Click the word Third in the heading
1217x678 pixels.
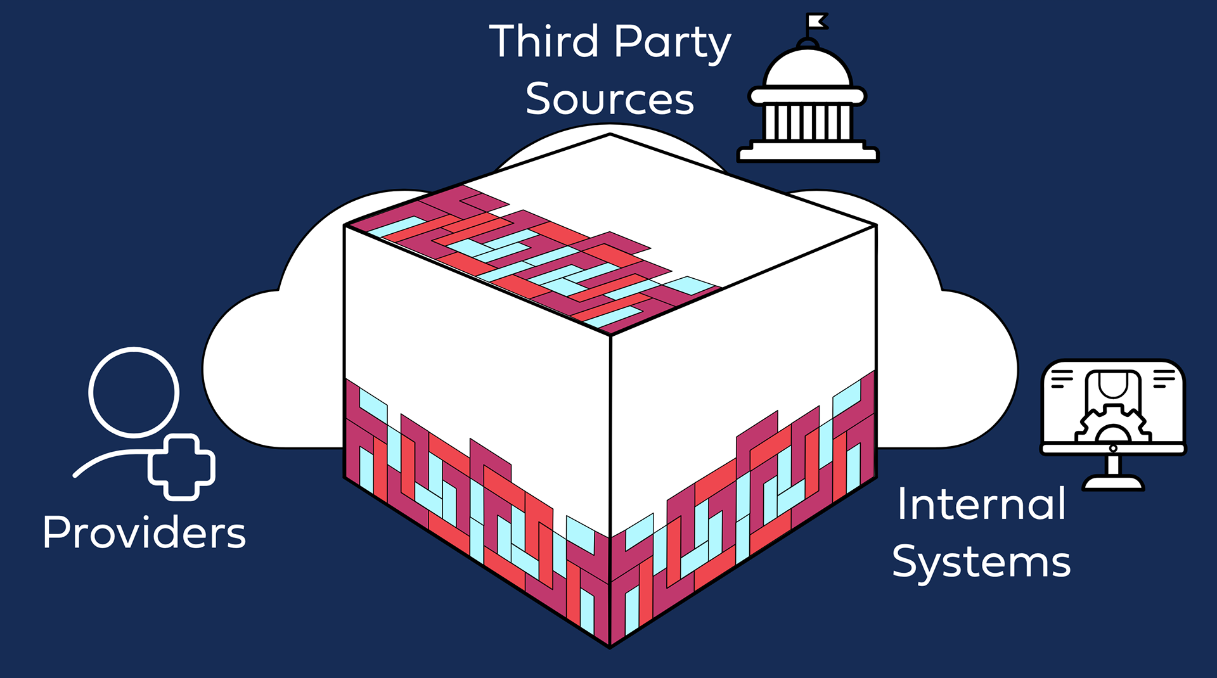click(544, 42)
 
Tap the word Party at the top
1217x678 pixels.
click(673, 43)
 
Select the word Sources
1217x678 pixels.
click(610, 99)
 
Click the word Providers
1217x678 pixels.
click(145, 532)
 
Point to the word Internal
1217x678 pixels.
click(981, 504)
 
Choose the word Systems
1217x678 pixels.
click(981, 563)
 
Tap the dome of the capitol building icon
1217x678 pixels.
click(808, 68)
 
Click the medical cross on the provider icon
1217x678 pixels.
click(182, 468)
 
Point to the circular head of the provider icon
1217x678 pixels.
click(134, 392)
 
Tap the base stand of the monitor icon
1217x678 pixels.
click(1113, 483)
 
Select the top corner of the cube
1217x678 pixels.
click(610, 134)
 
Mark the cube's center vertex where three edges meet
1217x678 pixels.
click(610, 335)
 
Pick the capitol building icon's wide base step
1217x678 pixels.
click(808, 154)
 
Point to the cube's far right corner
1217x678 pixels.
click(876, 226)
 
